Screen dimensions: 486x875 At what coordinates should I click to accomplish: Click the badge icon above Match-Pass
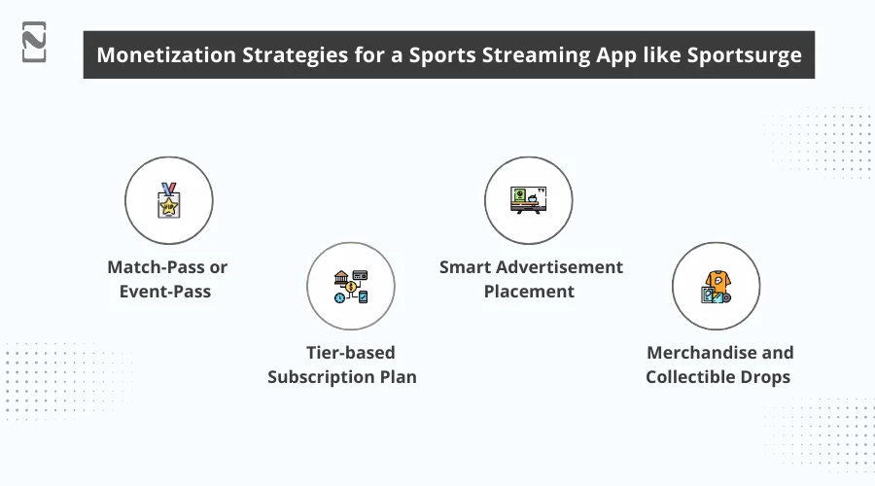tap(168, 200)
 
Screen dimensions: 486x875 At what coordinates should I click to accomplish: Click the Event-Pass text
tap(168, 290)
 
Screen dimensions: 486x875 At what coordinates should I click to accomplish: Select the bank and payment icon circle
tap(350, 286)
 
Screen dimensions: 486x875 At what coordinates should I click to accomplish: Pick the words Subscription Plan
tap(342, 376)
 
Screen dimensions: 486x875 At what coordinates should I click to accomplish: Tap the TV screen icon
tap(528, 200)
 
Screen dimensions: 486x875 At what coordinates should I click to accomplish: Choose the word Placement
tap(530, 291)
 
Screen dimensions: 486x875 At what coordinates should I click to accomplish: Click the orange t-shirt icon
tap(716, 286)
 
